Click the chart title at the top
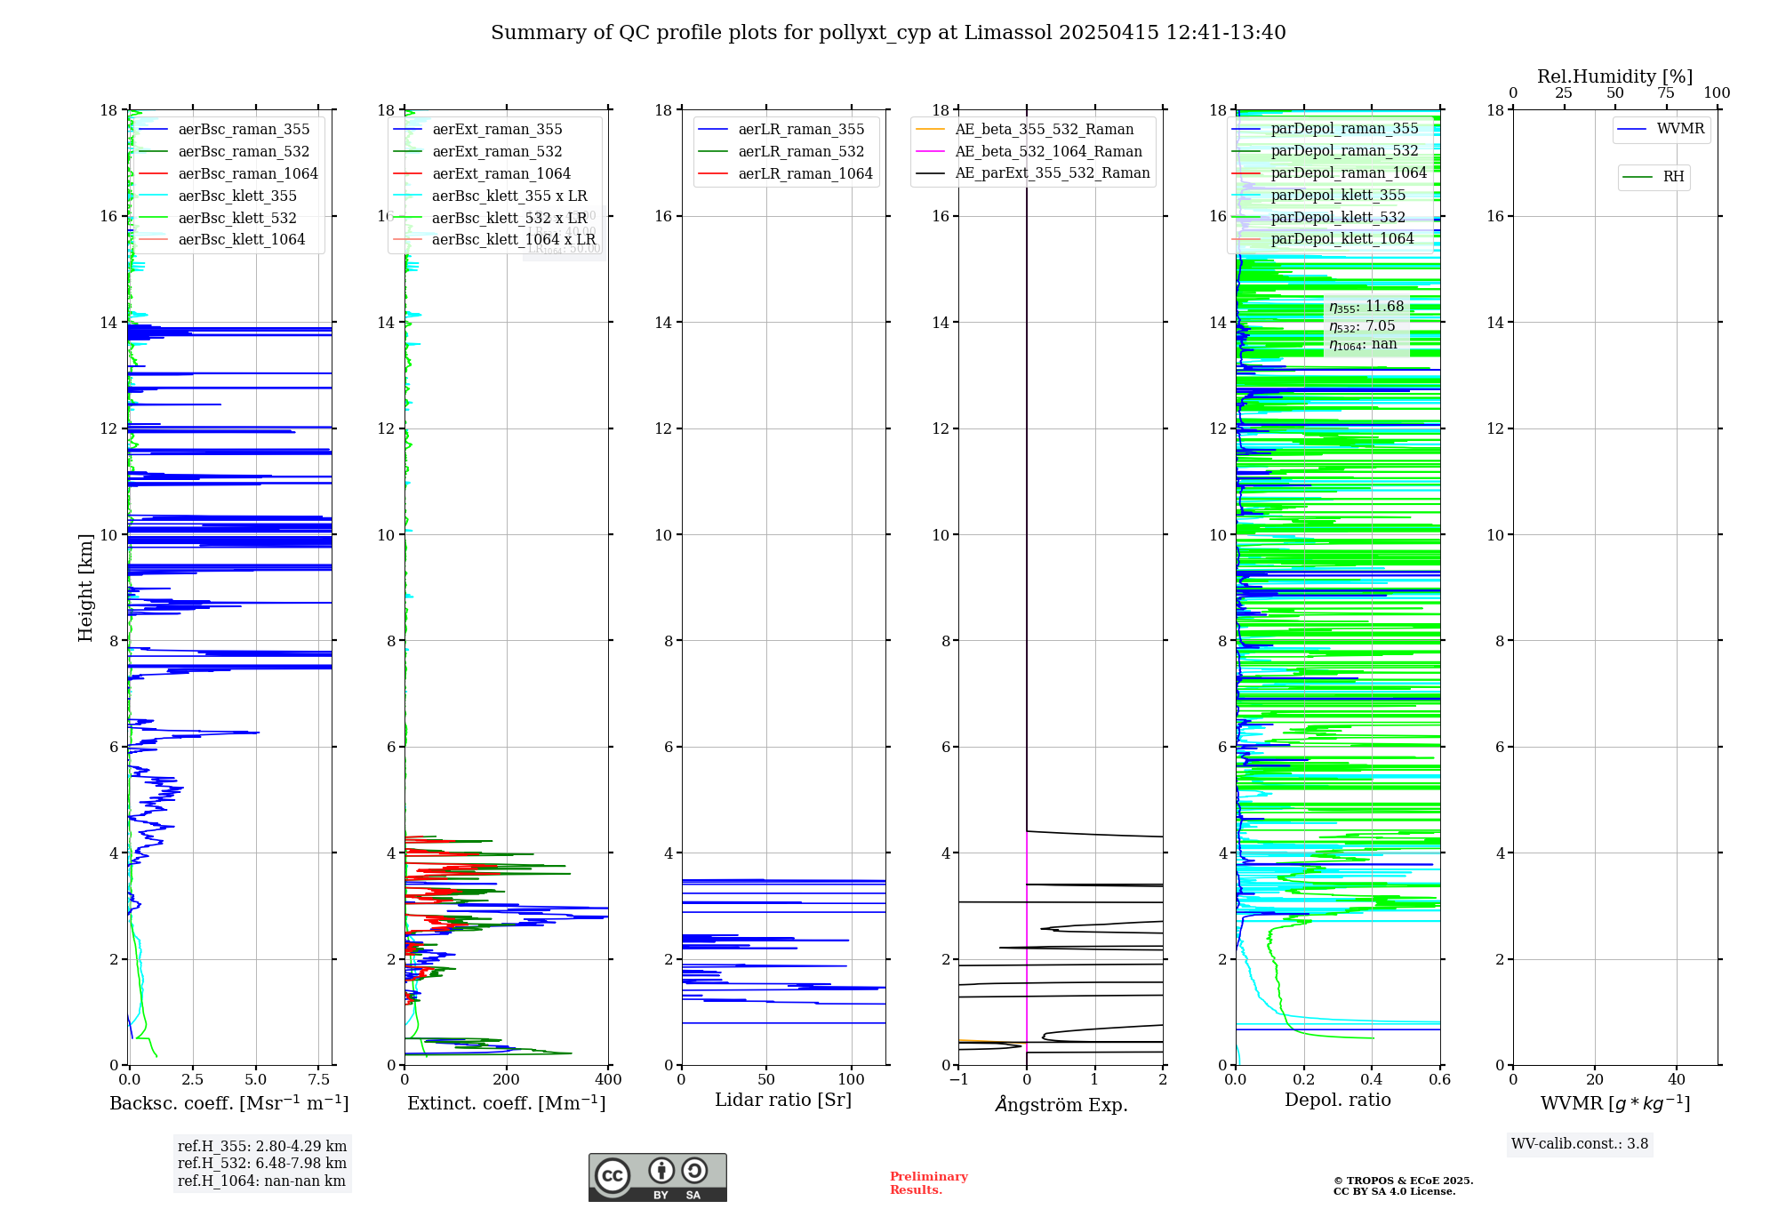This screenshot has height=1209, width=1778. click(x=888, y=33)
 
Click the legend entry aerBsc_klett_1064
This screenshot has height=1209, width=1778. click(x=241, y=240)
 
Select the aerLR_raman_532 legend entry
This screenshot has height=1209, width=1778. click(x=800, y=152)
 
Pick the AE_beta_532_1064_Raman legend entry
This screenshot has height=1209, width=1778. click(x=1048, y=152)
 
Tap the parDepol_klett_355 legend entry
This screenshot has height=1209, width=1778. click(x=1338, y=196)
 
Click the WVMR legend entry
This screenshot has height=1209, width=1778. click(x=1680, y=129)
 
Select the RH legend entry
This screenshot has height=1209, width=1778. click(x=1673, y=177)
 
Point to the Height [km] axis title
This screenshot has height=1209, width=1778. click(x=85, y=588)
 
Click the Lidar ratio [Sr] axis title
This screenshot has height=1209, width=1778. click(x=783, y=1101)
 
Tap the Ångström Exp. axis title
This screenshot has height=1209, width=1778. click(x=1061, y=1105)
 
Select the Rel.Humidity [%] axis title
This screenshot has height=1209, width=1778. click(x=1614, y=76)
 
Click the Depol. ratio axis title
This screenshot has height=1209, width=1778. click(x=1337, y=1101)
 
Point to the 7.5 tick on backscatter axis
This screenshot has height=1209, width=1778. click(x=319, y=1080)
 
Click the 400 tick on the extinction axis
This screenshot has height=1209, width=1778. click(x=608, y=1080)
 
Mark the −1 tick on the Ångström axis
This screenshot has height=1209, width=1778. click(x=957, y=1080)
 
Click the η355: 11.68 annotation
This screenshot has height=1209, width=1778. click(x=1366, y=307)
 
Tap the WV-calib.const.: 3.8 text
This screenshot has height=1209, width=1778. click(x=1580, y=1144)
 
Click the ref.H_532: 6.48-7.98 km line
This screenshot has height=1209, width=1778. click(x=262, y=1164)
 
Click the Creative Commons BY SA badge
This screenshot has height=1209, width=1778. click(x=657, y=1178)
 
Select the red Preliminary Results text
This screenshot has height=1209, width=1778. click(x=928, y=1183)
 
